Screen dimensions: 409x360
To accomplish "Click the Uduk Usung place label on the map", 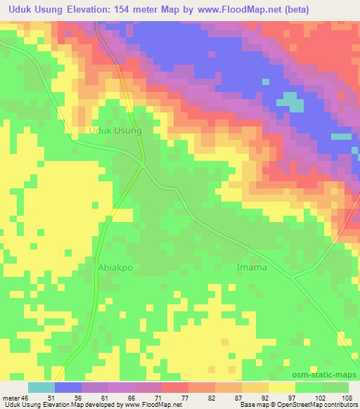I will [x=116, y=131].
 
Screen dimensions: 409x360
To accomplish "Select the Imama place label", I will [x=251, y=268].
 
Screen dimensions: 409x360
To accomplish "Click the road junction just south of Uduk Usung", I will [x=143, y=164].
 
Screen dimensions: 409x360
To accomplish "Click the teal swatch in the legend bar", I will [x=41, y=387].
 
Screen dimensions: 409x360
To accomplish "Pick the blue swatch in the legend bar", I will [x=68, y=387].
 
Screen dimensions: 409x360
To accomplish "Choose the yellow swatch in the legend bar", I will [x=282, y=387].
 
